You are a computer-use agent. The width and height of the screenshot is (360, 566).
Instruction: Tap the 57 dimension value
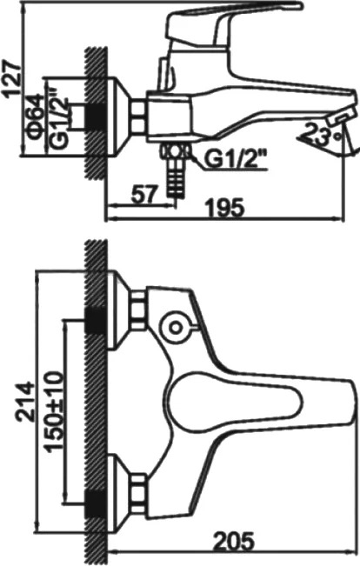click(144, 195)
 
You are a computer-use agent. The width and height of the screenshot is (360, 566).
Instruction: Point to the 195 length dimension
click(224, 208)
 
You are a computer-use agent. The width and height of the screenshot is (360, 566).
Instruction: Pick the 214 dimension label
click(25, 401)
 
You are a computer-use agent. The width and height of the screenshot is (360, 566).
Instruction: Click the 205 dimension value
click(233, 541)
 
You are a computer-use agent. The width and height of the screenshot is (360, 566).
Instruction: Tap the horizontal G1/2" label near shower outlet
click(236, 160)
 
